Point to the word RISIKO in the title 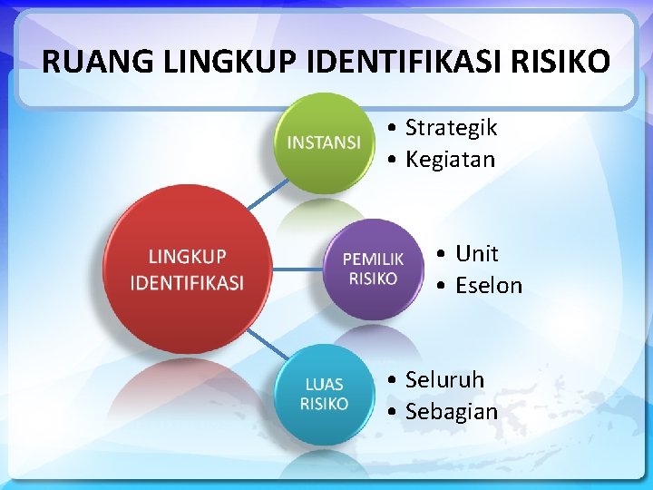pos(560,62)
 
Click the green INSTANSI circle pos(324,142)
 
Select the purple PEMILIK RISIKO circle pos(373,269)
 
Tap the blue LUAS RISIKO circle pos(324,394)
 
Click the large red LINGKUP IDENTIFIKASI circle pos(187,269)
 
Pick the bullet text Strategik pos(451,128)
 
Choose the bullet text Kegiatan pos(450,160)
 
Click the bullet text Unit pos(477,253)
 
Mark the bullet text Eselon pos(489,285)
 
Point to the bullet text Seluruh pos(444,379)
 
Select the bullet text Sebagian pos(452,411)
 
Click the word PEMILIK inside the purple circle pos(373,260)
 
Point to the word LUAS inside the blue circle pos(324,385)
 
